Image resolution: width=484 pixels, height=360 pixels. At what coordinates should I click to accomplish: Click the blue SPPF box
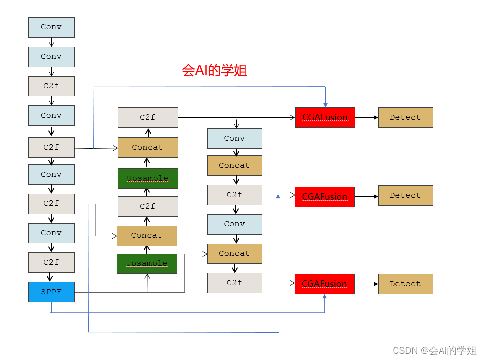click(51, 292)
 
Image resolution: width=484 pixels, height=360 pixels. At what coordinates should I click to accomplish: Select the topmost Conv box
click(51, 27)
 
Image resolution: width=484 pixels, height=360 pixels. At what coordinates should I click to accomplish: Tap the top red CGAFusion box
click(325, 117)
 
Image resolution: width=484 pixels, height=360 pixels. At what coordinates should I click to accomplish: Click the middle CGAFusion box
click(325, 196)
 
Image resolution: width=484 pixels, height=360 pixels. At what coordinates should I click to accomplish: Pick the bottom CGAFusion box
click(325, 283)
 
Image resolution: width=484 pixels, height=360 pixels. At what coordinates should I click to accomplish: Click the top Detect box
click(405, 117)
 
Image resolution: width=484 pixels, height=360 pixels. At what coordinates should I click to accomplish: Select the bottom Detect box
click(405, 283)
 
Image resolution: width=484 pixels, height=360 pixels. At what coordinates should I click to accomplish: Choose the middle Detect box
click(405, 195)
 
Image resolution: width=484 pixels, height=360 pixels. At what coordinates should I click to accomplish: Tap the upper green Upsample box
click(148, 178)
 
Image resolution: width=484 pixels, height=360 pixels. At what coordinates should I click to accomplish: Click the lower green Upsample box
click(147, 263)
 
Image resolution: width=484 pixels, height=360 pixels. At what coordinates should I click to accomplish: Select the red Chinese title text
click(214, 70)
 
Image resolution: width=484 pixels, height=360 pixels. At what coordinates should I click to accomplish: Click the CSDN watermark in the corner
click(434, 350)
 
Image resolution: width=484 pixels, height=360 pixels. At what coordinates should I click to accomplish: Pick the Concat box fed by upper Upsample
click(148, 147)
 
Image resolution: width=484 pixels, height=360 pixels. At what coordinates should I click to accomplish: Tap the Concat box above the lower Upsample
click(147, 235)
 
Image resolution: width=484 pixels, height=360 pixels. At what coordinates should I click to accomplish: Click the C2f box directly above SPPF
click(51, 262)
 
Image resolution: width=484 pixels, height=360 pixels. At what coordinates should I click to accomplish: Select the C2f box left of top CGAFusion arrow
click(148, 117)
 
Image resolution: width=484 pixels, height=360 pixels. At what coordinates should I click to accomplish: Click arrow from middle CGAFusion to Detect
click(366, 196)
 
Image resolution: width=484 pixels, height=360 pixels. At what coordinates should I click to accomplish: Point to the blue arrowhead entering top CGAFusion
click(325, 104)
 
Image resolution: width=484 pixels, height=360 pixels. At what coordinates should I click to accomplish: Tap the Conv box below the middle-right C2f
click(234, 224)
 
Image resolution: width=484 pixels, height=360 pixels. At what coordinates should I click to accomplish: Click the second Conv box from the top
click(51, 57)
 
